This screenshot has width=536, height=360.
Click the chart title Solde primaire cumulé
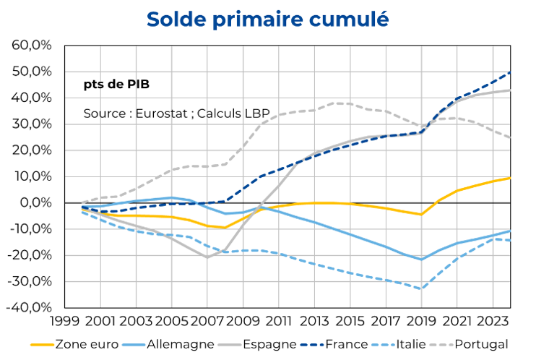(267, 20)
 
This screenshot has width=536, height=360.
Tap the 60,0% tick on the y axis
(32, 45)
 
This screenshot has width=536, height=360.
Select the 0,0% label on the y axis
(35, 202)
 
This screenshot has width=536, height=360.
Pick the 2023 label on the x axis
(493, 320)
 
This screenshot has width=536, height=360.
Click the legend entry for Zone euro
(79, 345)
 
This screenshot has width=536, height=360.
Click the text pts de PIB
(116, 83)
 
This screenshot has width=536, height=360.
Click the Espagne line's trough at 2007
(207, 257)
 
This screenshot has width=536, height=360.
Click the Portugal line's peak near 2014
(334, 103)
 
